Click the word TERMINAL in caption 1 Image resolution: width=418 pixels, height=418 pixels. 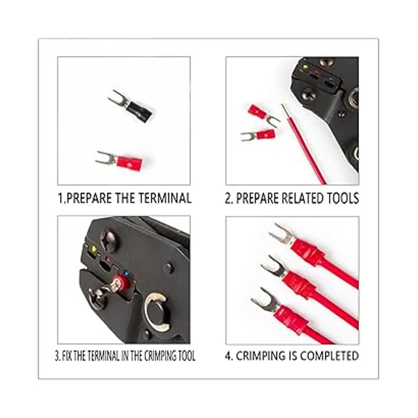pos(165,198)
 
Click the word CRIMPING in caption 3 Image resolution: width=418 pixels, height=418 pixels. pos(155,356)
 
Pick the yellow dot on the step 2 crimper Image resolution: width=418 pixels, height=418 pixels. pos(306,67)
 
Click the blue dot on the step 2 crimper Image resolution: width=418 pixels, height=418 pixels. pos(331,80)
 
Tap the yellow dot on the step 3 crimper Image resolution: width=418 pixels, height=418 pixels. pos(94,248)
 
